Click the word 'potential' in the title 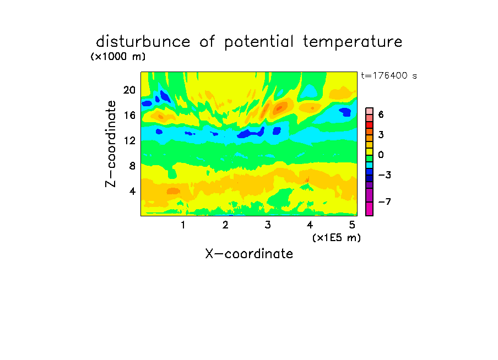tap(259, 42)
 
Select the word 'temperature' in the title tap(353, 42)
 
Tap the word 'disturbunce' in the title tap(143, 41)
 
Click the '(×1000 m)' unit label tap(118, 57)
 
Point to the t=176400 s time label tap(389, 75)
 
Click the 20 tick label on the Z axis tap(129, 90)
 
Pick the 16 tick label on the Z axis tap(129, 115)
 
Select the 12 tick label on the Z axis tap(129, 140)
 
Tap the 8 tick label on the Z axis tap(132, 166)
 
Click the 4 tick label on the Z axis tap(132, 191)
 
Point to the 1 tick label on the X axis tap(183, 225)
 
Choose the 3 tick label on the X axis tap(268, 225)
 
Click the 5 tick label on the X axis tap(352, 225)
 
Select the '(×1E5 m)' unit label tap(337, 238)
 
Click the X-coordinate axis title tap(249, 254)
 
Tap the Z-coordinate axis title tap(111, 144)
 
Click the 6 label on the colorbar tap(381, 114)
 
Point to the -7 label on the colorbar tap(385, 201)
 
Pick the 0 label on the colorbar tap(381, 155)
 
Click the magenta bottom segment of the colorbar tap(370, 209)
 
